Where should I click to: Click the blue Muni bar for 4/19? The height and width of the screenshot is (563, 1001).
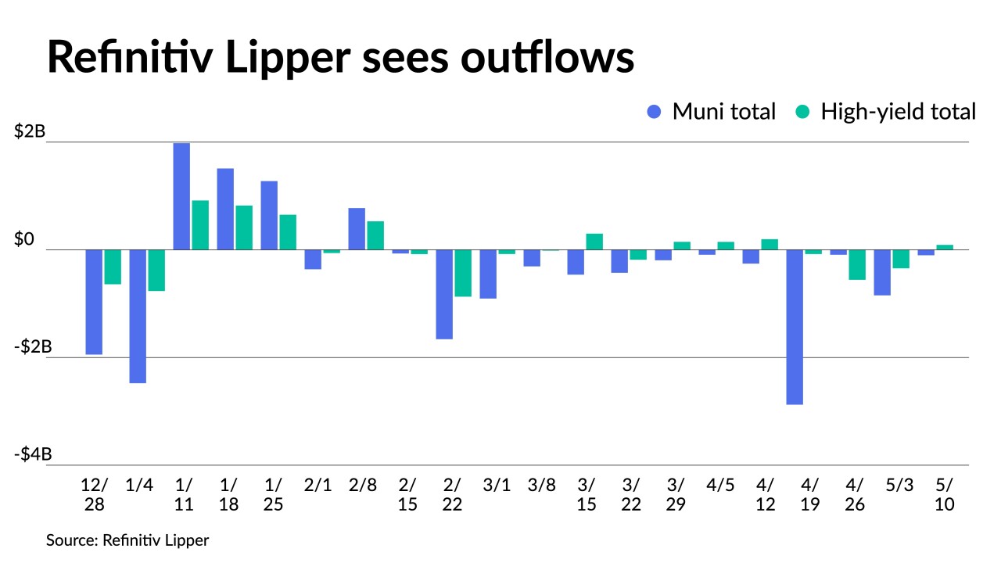795,327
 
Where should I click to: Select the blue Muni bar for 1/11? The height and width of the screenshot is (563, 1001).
181,196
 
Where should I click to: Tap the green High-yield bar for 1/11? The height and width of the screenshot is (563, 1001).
200,225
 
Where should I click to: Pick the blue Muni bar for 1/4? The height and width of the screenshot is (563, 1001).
138,316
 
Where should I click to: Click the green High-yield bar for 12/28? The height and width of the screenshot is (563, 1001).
113,267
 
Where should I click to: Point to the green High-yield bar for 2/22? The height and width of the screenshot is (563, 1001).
463,273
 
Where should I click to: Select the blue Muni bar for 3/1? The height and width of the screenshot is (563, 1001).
488,274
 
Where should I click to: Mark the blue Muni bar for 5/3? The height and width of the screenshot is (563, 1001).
882,272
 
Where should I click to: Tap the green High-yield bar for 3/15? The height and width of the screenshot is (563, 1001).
594,242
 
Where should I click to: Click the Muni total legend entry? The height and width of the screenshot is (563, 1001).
711,112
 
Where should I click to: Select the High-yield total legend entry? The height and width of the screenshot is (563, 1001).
886,112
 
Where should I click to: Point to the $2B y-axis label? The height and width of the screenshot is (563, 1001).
30,131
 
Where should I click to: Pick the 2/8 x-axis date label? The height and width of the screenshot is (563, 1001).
363,485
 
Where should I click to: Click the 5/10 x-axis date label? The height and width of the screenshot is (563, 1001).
945,494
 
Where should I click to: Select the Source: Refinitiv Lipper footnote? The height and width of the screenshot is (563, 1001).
127,540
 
